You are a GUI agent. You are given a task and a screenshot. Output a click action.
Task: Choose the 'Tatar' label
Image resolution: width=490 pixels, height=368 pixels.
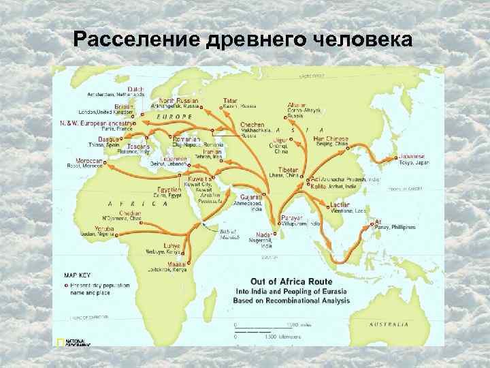(230, 101)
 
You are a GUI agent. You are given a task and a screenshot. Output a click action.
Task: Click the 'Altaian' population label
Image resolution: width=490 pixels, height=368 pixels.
(297, 104)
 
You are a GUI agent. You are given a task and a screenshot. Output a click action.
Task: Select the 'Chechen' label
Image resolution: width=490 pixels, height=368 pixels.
(252, 125)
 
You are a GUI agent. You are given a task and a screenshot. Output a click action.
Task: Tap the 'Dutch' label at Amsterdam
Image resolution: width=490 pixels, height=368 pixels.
(136, 89)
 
